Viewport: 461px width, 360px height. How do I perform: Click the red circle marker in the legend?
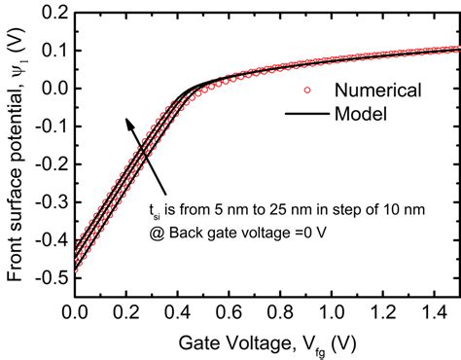(x=305, y=90)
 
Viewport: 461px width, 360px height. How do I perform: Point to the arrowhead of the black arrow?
(x=126, y=121)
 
